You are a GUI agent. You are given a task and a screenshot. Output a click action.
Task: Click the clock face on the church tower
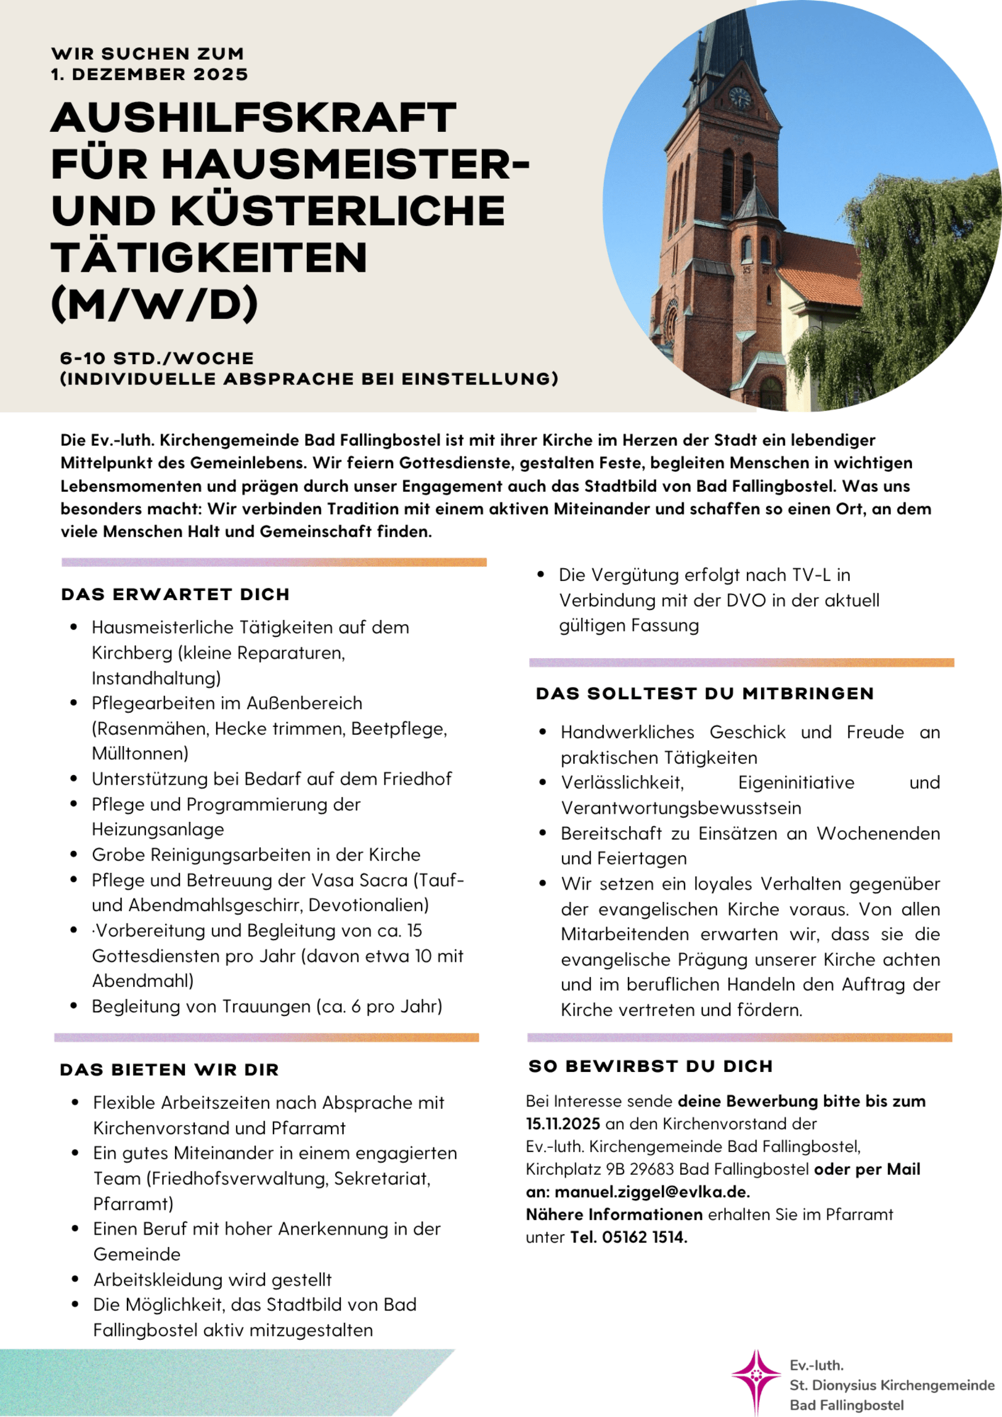tap(739, 97)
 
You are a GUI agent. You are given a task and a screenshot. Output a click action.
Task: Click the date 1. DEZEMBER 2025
tap(149, 75)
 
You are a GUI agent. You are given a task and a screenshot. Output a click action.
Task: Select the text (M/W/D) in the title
tap(154, 303)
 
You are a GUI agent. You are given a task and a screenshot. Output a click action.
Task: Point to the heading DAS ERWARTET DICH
tap(176, 595)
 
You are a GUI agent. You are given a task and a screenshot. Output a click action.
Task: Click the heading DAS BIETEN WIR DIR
tap(169, 1070)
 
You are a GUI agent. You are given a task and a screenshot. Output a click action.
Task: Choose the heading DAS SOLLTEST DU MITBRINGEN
tap(704, 694)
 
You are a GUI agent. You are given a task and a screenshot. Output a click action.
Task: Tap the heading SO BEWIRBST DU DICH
tap(651, 1066)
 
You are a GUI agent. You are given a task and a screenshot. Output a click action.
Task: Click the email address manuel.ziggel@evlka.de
tap(651, 1192)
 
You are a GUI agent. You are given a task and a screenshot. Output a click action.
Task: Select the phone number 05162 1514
tap(643, 1236)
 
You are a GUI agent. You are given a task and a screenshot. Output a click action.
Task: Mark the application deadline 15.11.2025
tap(563, 1123)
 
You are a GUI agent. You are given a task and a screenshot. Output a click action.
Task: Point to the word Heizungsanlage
tap(157, 829)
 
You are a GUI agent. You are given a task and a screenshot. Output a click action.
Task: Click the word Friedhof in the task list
tap(417, 779)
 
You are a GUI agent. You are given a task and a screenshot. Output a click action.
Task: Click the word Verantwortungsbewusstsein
tap(681, 808)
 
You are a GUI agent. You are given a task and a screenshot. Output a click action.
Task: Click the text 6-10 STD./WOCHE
tap(157, 359)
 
